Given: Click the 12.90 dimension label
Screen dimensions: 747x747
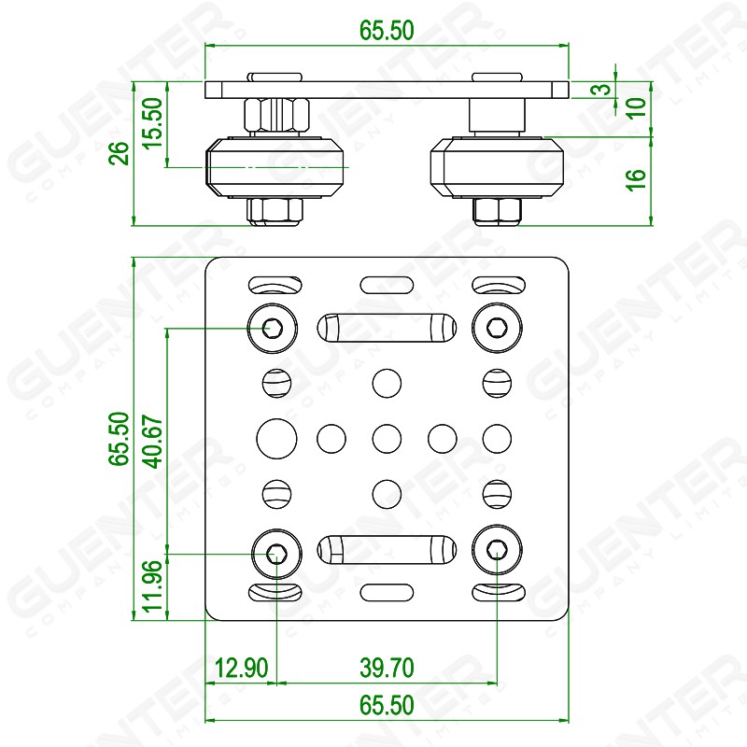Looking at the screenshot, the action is pyautogui.click(x=241, y=668).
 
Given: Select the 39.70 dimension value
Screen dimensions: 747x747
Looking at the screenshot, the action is pyautogui.click(x=387, y=668).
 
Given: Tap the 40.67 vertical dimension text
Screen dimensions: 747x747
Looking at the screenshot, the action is pyautogui.click(x=153, y=441).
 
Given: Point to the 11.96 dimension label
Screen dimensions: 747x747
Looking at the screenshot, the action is pyautogui.click(x=153, y=586).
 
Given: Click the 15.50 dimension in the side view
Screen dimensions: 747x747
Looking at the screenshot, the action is pyautogui.click(x=153, y=123).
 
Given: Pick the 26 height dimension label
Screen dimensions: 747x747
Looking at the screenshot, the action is pyautogui.click(x=120, y=153).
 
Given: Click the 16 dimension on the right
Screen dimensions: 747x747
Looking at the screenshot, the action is pyautogui.click(x=636, y=180).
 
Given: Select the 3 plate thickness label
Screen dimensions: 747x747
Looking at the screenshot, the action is pyautogui.click(x=603, y=89).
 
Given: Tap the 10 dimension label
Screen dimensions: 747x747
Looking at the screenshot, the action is pyautogui.click(x=636, y=107).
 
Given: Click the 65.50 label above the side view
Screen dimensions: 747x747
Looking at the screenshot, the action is pyautogui.click(x=387, y=30).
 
